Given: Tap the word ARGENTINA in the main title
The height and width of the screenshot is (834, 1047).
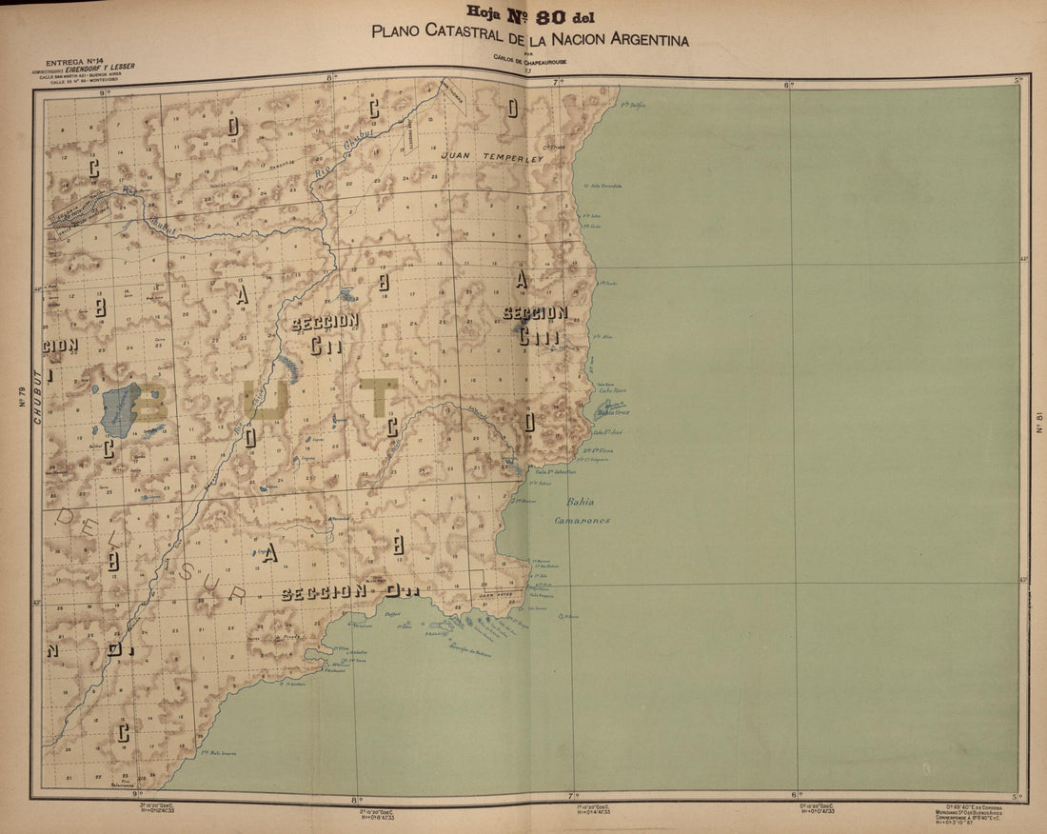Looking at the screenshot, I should pyautogui.click(x=641, y=40).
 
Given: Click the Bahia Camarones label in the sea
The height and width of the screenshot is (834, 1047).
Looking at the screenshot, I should pyautogui.click(x=583, y=511).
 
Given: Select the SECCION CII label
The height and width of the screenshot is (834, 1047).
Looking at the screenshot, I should pyautogui.click(x=326, y=332).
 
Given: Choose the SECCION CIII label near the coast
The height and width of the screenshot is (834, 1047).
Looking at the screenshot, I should pyautogui.click(x=535, y=323).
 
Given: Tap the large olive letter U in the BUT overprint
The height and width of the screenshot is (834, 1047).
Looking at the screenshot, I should pyautogui.click(x=265, y=398).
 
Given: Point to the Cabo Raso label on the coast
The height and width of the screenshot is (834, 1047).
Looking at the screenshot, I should pyautogui.click(x=612, y=389).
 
